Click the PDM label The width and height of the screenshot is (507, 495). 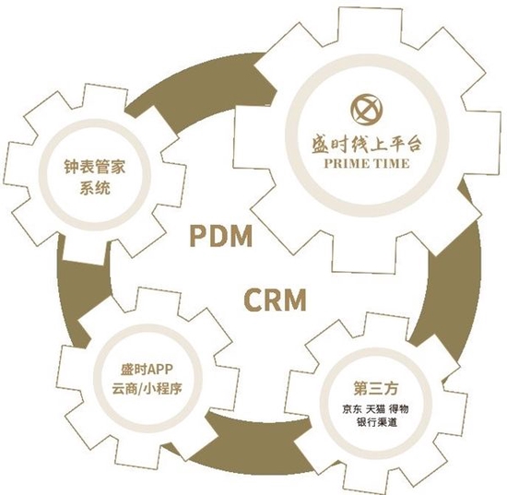(x=220, y=236)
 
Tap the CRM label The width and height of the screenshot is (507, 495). (x=275, y=300)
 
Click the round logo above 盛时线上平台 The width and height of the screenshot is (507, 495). (x=367, y=110)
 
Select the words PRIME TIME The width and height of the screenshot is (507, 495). (x=367, y=163)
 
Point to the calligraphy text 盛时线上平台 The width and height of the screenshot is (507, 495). (x=367, y=145)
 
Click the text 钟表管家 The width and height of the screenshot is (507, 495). (x=95, y=167)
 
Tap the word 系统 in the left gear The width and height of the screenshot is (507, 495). (x=95, y=188)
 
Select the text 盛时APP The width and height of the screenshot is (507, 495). (x=147, y=370)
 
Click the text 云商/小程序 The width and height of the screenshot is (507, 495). (x=147, y=388)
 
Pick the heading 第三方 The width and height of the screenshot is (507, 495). (x=376, y=388)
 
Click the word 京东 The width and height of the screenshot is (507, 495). (x=352, y=409)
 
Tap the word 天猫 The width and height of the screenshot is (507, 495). (x=376, y=409)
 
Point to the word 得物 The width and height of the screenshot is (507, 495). (x=399, y=409)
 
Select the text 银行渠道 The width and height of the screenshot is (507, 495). (x=376, y=422)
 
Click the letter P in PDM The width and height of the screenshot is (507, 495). (x=198, y=236)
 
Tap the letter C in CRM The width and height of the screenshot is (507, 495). (x=253, y=300)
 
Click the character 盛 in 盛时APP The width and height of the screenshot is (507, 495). (x=127, y=370)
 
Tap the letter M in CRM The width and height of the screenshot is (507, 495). (x=294, y=300)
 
